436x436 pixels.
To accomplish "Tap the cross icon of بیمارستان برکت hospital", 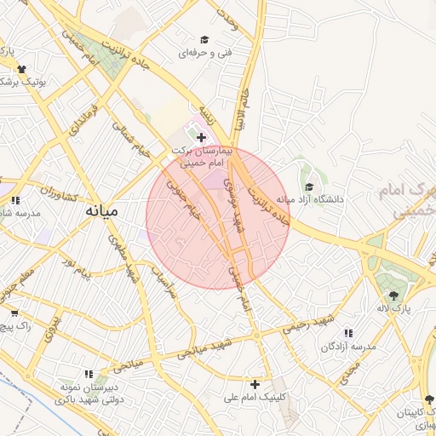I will (x=201, y=137).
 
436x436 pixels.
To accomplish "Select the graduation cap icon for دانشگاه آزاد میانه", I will (x=308, y=186).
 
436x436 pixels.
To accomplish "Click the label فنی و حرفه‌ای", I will (x=204, y=53).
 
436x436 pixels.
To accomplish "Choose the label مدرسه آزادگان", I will (x=347, y=347).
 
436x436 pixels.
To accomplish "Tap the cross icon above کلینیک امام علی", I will (x=255, y=384).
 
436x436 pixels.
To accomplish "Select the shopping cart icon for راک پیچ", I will (x=14, y=313).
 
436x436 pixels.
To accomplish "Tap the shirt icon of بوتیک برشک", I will (x=20, y=69).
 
